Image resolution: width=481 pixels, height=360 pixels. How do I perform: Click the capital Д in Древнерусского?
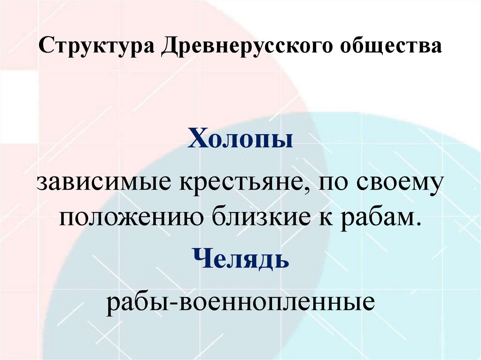[x=170, y=47]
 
